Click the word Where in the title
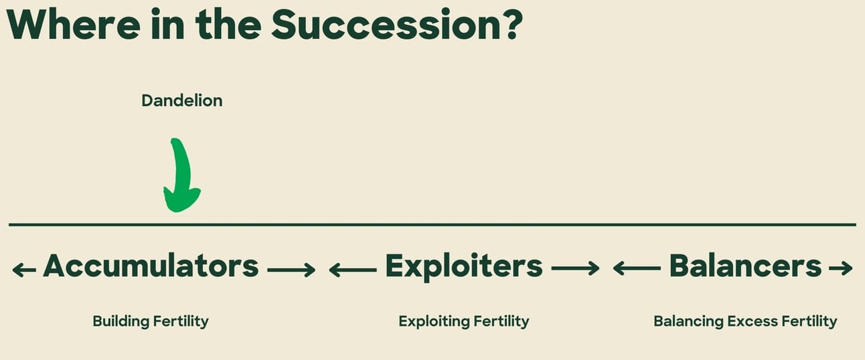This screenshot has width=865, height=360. (x=74, y=25)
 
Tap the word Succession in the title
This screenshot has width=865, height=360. (x=388, y=25)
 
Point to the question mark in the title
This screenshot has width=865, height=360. (x=514, y=25)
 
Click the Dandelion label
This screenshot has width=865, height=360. (x=182, y=101)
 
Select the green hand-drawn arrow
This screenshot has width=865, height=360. (x=181, y=175)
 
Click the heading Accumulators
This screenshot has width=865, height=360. (x=151, y=266)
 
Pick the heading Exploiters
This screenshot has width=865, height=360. (x=464, y=266)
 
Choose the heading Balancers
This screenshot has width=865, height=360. (x=745, y=266)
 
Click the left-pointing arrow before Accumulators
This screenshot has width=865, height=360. (x=24, y=270)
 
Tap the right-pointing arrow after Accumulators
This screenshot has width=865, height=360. (x=291, y=270)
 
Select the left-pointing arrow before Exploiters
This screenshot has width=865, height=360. (x=353, y=270)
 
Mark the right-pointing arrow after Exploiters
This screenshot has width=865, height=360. (x=575, y=268)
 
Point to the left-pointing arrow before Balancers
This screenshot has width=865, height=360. (x=637, y=268)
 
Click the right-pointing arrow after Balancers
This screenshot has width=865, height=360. (x=841, y=268)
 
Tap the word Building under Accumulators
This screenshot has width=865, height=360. (x=121, y=321)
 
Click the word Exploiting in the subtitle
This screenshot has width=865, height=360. (x=434, y=321)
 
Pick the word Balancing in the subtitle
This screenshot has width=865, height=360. (x=688, y=321)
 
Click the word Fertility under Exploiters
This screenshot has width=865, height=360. (x=501, y=321)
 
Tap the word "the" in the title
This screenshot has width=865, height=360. (x=228, y=25)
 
